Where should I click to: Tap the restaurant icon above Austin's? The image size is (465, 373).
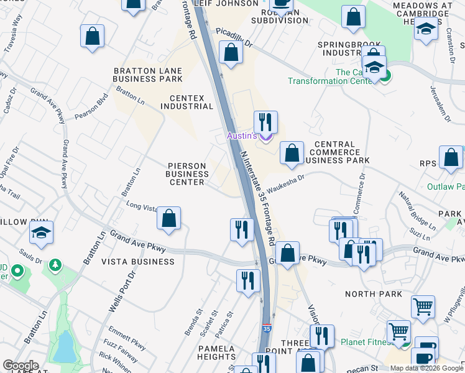pyautogui.click(x=265, y=122)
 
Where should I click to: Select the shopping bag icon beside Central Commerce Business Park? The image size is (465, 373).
pyautogui.click(x=292, y=153)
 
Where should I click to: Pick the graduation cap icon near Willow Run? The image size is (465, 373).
pyautogui.click(x=41, y=233)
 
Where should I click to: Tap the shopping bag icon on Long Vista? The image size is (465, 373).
pyautogui.click(x=168, y=218)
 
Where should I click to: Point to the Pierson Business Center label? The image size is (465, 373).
pyautogui.click(x=186, y=174)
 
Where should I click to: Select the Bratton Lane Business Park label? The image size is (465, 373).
pyautogui.click(x=148, y=75)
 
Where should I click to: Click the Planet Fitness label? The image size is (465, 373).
pyautogui.click(x=366, y=342)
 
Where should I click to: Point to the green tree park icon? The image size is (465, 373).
pyautogui.click(x=55, y=265)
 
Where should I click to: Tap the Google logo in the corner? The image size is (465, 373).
pyautogui.click(x=21, y=366)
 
